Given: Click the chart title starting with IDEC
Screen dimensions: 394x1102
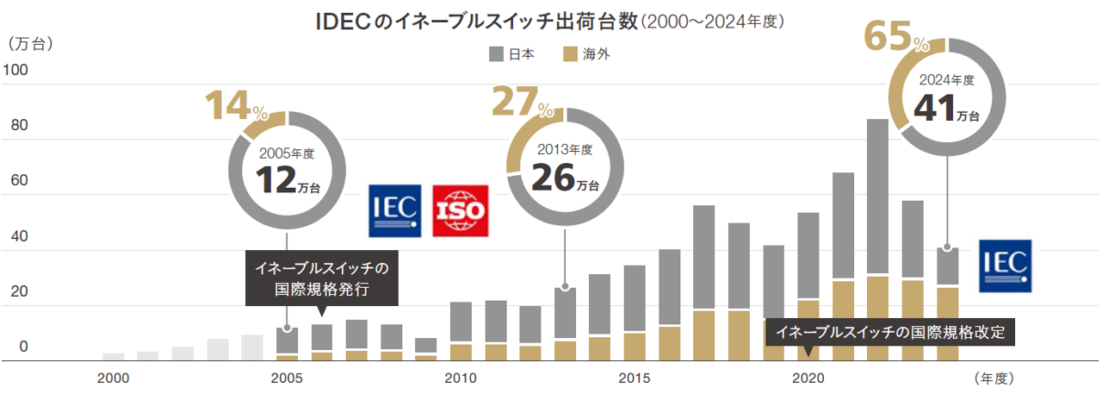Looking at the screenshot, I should tap(551, 22).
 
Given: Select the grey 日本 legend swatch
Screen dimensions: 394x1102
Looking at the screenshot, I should tap(497, 54).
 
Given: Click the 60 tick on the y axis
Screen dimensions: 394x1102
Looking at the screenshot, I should tap(20, 181).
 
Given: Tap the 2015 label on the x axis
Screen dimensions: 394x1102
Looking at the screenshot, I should tap(634, 378).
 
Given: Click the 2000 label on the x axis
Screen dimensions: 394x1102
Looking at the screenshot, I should tap(113, 378).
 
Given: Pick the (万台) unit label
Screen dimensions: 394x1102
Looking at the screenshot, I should tap(29, 42).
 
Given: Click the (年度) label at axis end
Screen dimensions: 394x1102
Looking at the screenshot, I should tap(995, 378).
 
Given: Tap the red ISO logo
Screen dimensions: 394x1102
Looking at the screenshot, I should tap(460, 210).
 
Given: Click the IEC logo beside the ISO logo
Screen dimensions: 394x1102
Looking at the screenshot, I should tap(396, 210).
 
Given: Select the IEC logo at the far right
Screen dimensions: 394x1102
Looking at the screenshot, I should tap(1005, 266).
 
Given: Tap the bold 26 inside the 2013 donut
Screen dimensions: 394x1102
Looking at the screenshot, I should tap(552, 177).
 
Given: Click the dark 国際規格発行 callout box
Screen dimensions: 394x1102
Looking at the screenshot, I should tap(322, 278).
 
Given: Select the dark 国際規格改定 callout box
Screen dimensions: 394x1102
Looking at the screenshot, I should tap(890, 332).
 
